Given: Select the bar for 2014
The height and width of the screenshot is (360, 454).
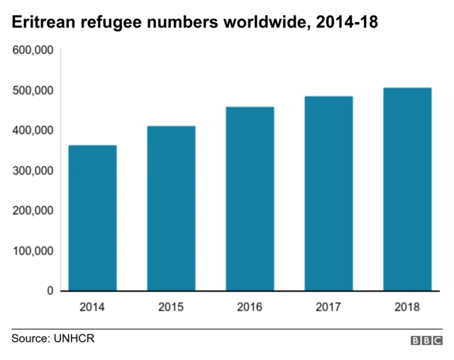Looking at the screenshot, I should point(92,218).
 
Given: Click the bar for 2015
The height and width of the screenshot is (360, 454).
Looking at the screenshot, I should point(171,209).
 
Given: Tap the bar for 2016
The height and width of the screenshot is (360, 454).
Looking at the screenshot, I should point(250,199).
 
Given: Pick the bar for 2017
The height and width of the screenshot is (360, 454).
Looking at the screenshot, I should point(328,193).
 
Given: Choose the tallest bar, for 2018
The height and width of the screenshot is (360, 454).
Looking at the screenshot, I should point(407,189).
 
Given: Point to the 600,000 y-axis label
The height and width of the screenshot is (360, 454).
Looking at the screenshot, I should point(31,50).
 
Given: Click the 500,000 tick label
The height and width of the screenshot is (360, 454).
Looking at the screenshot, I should point(31,90).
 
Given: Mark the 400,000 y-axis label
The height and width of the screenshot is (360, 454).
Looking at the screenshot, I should point(31,131).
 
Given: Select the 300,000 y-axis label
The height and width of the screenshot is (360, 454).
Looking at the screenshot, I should point(31,170).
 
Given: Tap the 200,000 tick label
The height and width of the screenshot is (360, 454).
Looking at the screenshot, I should point(31,211).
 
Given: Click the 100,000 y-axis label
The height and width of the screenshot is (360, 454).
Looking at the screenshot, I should point(31,251).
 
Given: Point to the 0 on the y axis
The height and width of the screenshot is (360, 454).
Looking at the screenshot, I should point(50,291).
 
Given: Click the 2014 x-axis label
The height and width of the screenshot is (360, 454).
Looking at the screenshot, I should point(92,307).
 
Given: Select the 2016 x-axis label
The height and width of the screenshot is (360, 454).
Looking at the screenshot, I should point(250,307).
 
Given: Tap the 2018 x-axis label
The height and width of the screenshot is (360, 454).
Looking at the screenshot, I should point(407,307).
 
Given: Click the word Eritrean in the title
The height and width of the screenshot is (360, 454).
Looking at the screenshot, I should point(40,23).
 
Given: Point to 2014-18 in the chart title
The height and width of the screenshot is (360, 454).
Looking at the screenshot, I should point(347,23).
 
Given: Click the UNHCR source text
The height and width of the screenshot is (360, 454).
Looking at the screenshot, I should point(73,339).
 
